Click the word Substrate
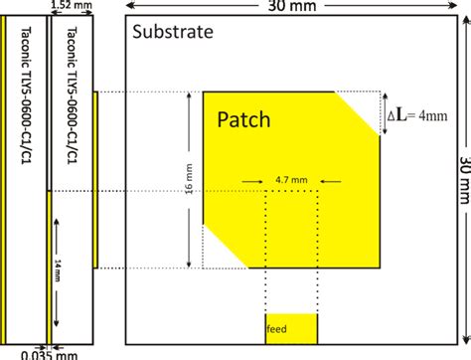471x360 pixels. point(174,31)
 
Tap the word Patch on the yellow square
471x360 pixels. point(244,120)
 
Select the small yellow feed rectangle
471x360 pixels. point(290,327)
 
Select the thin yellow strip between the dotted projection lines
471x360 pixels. point(96,180)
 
